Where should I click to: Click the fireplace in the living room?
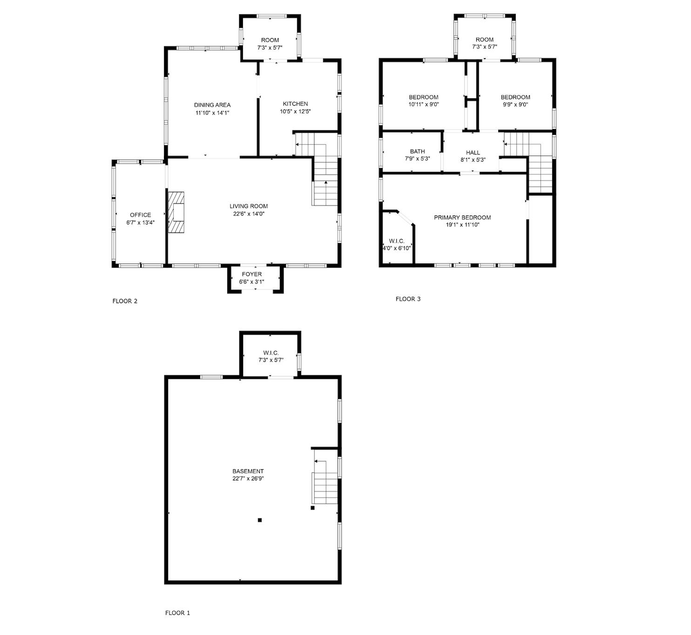coord(176,212)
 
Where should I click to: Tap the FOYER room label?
coord(252,274)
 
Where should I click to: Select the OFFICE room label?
coord(141,215)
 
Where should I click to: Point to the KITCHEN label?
coord(296,104)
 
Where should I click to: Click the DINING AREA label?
coord(212,105)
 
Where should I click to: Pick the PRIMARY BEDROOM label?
coord(462,217)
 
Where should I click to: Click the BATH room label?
coord(418,151)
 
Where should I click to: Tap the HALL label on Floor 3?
coord(473,152)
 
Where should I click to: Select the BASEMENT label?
coord(248,471)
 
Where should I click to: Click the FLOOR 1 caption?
coord(177,613)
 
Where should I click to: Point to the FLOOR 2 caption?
coord(125,301)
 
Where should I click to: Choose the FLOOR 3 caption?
coord(408,299)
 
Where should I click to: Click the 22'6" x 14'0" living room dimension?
coord(249,214)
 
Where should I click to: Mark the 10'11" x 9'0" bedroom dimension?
coord(424,105)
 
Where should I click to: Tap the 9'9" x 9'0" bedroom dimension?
coord(515,105)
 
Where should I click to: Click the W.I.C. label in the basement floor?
coord(271,353)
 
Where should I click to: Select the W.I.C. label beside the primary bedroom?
coord(397,241)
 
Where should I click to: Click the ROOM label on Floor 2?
coord(270,40)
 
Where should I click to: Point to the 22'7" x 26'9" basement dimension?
coord(248,479)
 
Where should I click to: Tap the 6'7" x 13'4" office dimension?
coord(141,223)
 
